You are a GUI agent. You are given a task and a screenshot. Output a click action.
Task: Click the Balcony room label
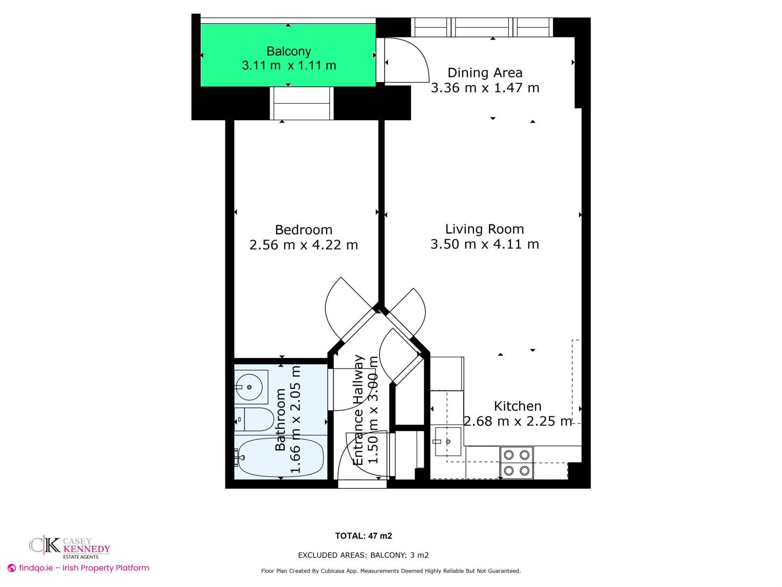[x=288, y=51]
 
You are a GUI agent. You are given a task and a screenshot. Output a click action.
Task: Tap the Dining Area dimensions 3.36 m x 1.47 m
[x=485, y=88]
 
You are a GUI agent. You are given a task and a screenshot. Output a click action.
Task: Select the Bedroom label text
[x=303, y=230]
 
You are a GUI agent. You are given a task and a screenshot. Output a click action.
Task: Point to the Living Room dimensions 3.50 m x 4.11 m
[x=485, y=244]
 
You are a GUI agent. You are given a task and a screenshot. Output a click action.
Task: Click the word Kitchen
[x=517, y=406]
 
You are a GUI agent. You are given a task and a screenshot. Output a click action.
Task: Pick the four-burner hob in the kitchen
[x=516, y=463]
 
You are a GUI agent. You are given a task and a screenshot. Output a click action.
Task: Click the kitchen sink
[x=448, y=441]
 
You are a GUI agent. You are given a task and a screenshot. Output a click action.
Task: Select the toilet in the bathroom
[x=255, y=419]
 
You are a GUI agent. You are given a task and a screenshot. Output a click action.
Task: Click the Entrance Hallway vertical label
[x=358, y=410]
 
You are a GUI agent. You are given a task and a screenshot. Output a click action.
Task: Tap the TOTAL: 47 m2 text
[x=363, y=536]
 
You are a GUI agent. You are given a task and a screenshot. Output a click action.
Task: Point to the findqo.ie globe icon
[x=12, y=568]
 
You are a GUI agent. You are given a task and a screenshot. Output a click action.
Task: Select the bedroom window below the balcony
[x=301, y=104]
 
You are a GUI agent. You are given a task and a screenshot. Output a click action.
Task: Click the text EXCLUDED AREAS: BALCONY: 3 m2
[x=363, y=555]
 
